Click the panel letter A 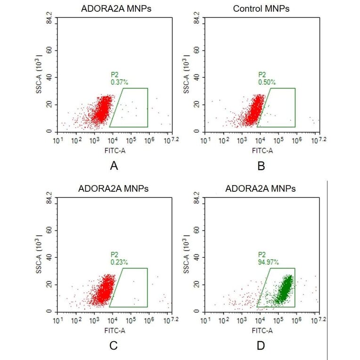point(113,166)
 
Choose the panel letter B point(261,166)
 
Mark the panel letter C point(113,345)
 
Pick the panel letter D point(261,345)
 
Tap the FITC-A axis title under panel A point(113,151)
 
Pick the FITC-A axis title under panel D point(261,331)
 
